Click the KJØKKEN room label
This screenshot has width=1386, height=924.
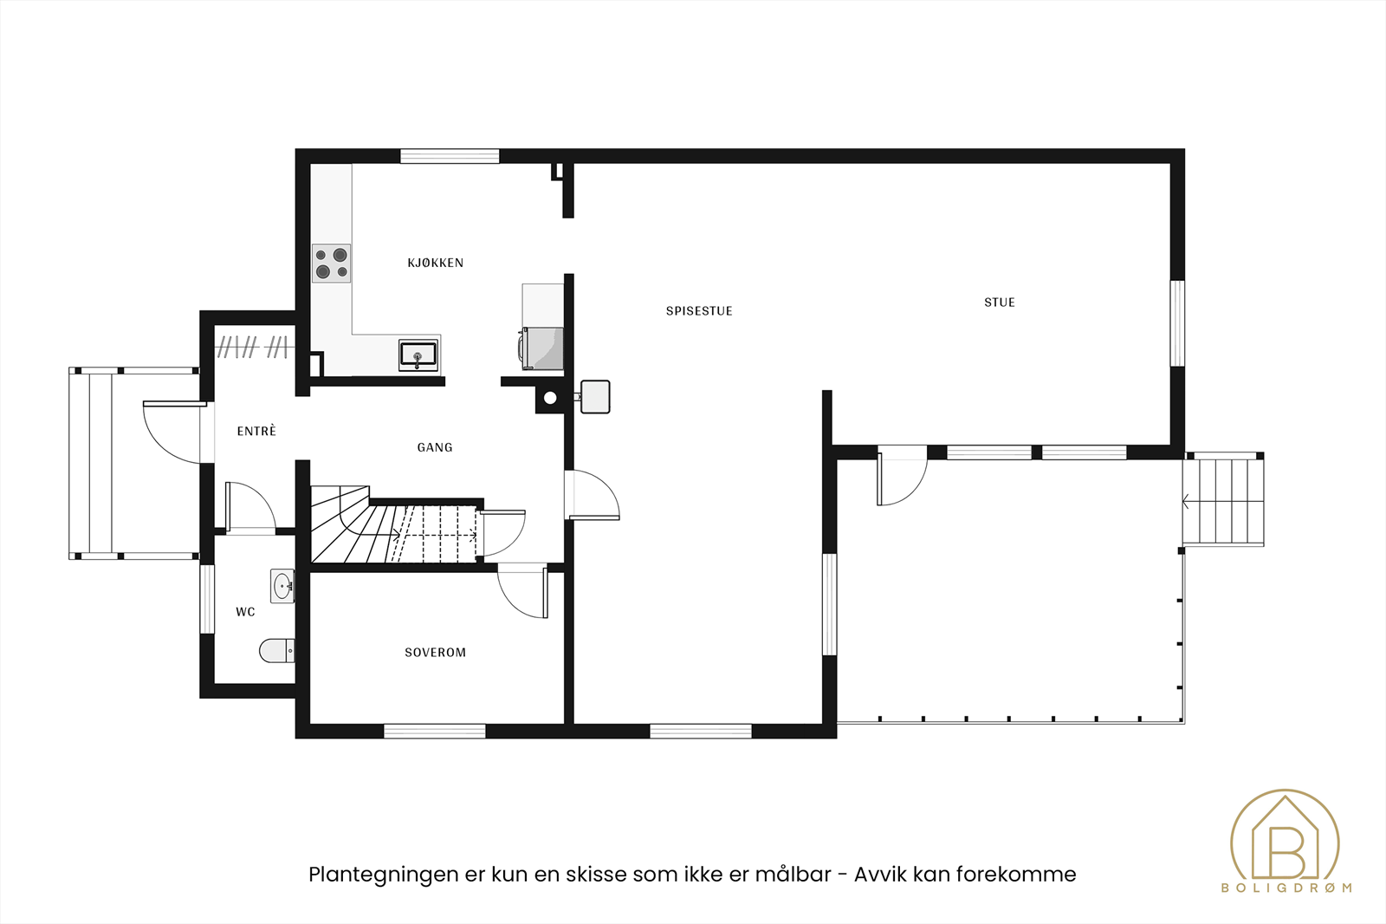pos(435,263)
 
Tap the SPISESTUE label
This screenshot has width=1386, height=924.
pos(699,311)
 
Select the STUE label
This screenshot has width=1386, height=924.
pos(999,303)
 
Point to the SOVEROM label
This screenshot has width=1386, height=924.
pos(435,653)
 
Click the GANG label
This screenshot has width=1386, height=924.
pos(435,448)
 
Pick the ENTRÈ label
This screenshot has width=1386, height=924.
pos(256,432)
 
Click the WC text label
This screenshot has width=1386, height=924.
pos(245,612)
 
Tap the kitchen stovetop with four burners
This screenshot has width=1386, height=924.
pos(331,264)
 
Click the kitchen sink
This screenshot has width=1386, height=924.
pos(418,355)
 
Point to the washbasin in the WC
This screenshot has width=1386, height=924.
pos(282,587)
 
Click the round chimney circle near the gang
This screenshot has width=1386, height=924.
pos(550,399)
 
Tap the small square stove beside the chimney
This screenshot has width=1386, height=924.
pos(595,396)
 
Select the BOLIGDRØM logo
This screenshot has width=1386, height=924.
pos(1286,841)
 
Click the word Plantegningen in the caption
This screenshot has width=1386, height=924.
pos(383,875)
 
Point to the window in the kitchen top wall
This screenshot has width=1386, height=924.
pos(449,157)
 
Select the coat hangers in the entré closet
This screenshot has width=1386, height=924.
pos(251,348)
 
